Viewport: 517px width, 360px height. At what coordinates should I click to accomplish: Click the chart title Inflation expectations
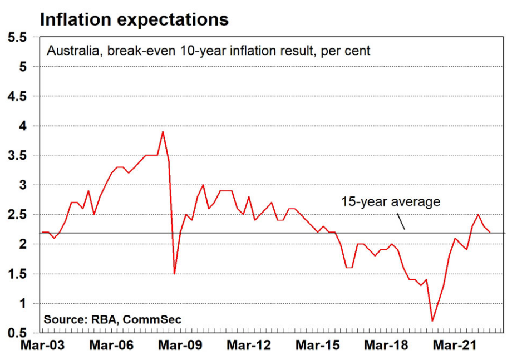pos(134,19)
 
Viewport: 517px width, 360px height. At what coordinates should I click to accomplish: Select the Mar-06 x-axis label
pos(111,346)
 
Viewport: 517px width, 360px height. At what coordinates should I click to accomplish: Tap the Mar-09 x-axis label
pos(180,346)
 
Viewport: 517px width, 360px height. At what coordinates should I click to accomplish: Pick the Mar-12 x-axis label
pos(249,346)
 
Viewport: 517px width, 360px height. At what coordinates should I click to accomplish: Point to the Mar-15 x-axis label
pos(318,346)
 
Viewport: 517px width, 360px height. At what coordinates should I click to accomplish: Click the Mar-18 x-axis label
pos(387,346)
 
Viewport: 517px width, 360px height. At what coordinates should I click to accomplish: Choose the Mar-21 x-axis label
pos(456,346)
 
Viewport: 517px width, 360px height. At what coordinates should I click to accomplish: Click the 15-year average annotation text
pos(391,201)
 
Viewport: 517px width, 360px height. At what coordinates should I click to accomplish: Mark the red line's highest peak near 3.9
pos(163,132)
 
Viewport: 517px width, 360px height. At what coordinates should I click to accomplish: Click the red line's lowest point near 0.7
pos(432,320)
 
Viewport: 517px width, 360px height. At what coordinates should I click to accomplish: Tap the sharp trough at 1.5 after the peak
pos(174,273)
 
